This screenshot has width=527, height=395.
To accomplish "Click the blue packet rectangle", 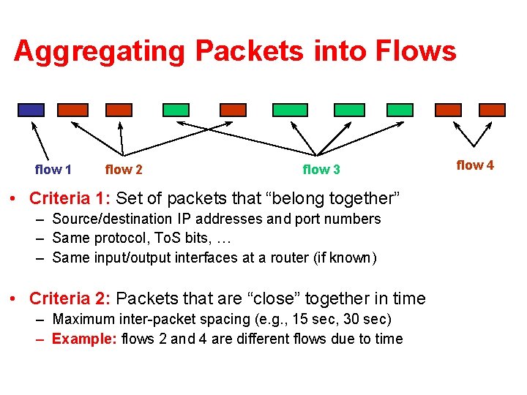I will coord(31,110).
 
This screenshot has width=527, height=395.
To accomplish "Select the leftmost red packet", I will coord(72,110).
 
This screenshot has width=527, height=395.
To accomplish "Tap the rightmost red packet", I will coord(492,110).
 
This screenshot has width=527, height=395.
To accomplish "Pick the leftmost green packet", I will coord(176,110).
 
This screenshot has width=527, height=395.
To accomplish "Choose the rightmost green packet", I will coord(400,110).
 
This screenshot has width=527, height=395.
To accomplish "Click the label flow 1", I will coord(53,170).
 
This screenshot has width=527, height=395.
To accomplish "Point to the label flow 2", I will coord(124,170).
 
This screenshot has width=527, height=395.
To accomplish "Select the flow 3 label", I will coord(321,170).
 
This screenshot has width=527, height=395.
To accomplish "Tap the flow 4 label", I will coord(475,165).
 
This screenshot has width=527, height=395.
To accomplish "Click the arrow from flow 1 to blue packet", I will coord(40,138).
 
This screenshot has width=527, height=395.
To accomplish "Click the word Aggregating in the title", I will coord(100,51).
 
